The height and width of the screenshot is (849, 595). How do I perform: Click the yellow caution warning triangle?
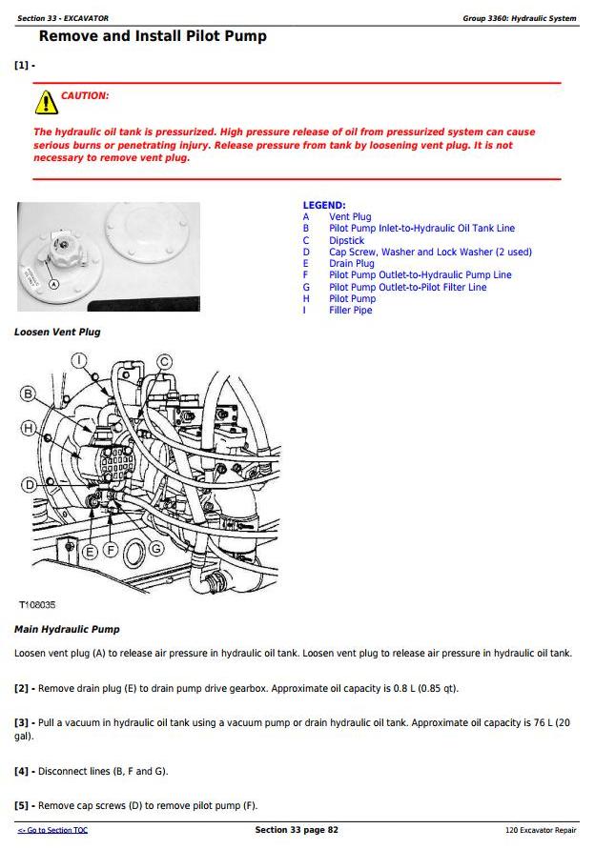[x=46, y=102]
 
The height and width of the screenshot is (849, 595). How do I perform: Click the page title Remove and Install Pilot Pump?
[x=153, y=36]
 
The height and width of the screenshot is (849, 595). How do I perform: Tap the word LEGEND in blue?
[x=324, y=206]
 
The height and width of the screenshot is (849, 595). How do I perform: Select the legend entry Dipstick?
[x=347, y=241]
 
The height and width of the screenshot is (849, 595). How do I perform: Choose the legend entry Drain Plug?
[x=352, y=264]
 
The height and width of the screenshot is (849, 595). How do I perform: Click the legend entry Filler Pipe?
[x=351, y=311]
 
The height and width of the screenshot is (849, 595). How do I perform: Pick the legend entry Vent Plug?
[x=350, y=217]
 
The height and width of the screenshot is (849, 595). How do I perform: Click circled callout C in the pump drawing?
[x=164, y=361]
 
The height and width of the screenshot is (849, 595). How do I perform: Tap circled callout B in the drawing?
[x=29, y=394]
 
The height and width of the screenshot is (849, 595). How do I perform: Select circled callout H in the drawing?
[x=29, y=427]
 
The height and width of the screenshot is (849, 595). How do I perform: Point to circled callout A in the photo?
[x=53, y=283]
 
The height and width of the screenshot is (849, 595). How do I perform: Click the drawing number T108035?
[x=37, y=605]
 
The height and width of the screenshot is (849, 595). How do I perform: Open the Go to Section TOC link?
[x=52, y=831]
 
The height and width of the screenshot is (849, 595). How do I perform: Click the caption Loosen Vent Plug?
[x=57, y=333]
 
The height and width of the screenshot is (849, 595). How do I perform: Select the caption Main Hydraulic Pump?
[x=67, y=630]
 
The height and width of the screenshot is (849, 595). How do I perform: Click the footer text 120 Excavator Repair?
[x=541, y=831]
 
